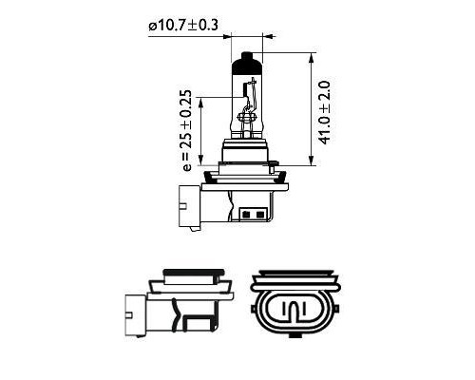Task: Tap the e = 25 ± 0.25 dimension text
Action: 186,131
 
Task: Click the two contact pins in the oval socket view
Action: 294,310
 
